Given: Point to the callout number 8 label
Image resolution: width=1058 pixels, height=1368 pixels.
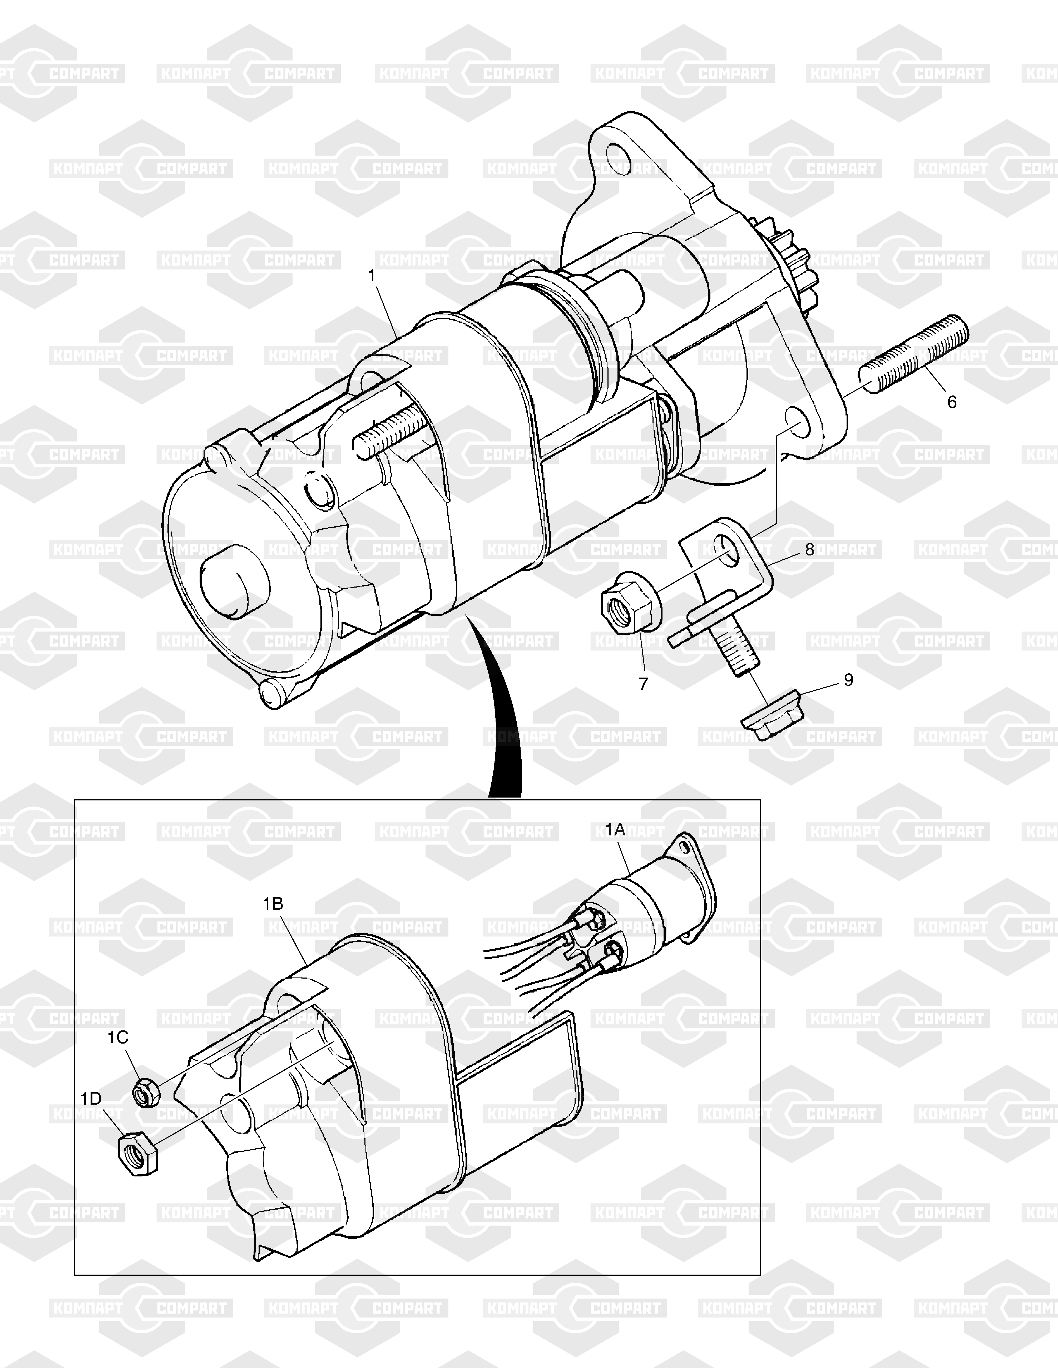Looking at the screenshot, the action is pos(809,549).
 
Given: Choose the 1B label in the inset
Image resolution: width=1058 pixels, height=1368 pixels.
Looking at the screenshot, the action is pos(273,904).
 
